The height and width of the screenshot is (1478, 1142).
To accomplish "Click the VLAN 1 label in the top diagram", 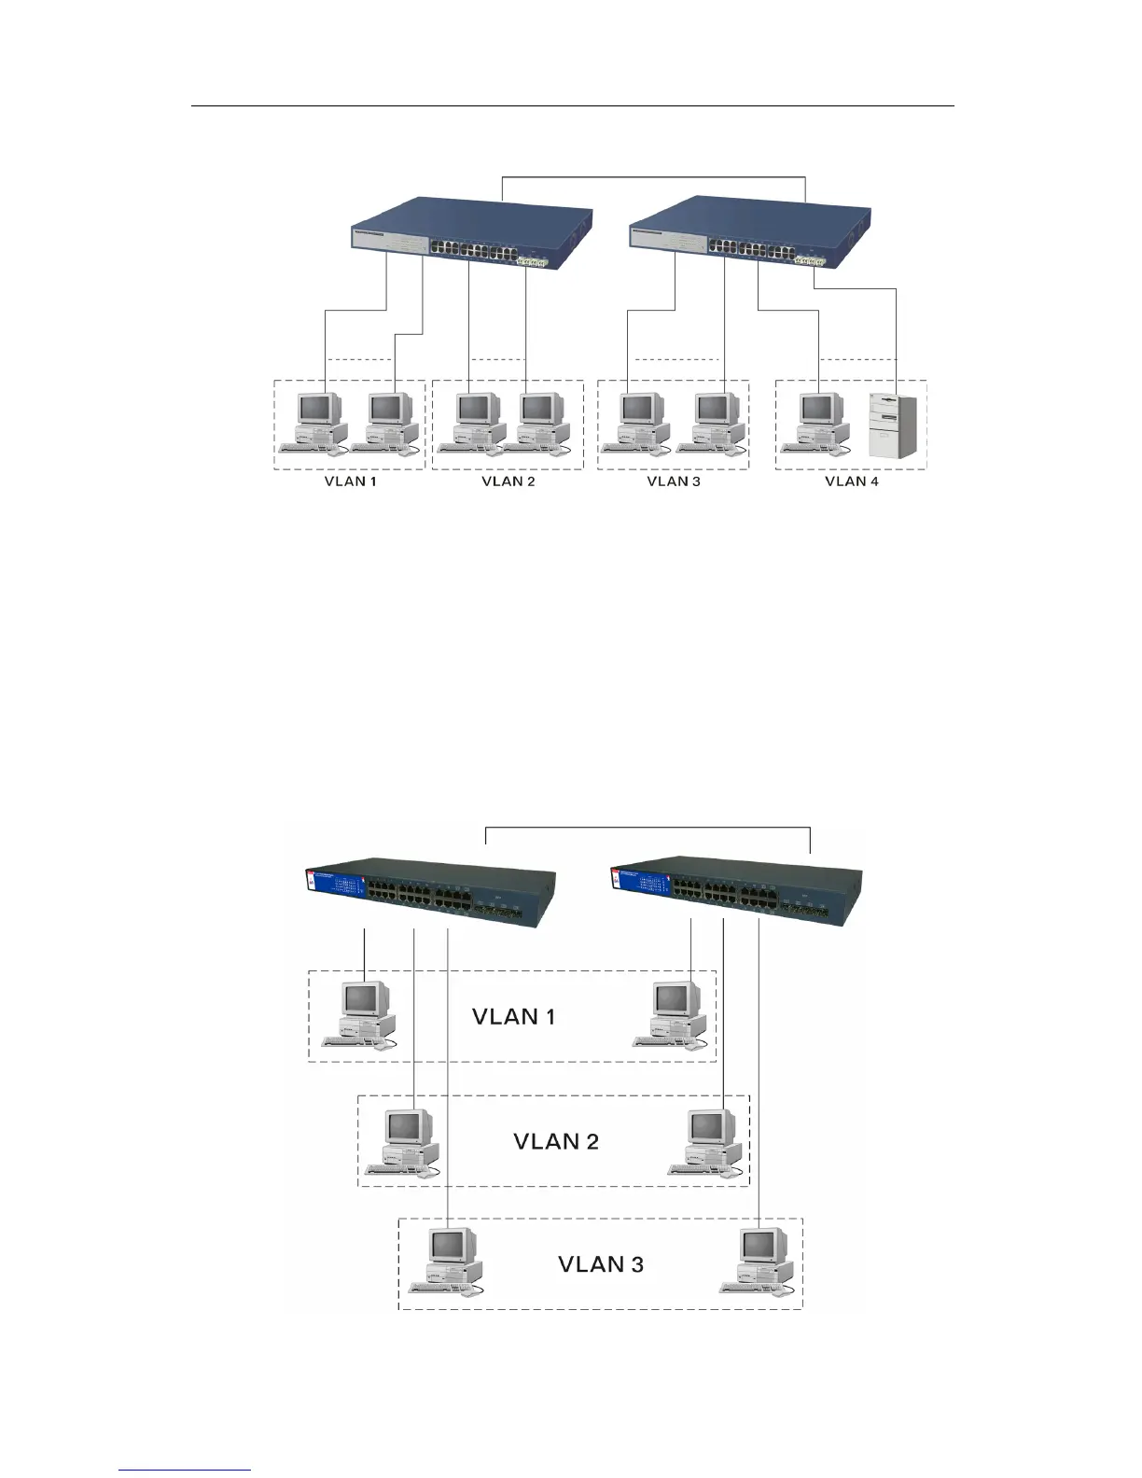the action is click(350, 481).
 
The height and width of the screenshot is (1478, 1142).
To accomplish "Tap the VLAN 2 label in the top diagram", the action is click(508, 481).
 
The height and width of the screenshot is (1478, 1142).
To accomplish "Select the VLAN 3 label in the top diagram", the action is click(673, 481).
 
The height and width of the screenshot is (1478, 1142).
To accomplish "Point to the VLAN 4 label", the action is click(851, 481).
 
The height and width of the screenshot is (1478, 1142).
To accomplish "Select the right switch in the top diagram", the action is click(750, 232).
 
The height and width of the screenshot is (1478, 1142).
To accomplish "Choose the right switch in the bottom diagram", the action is click(736, 894).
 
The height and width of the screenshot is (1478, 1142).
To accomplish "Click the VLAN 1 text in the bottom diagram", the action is click(514, 1016).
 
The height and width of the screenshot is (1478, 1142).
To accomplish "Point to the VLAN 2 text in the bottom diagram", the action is click(556, 1141).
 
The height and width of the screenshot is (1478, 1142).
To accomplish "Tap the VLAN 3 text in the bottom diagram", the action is click(601, 1264).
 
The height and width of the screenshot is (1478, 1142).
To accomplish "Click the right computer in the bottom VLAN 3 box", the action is click(758, 1261).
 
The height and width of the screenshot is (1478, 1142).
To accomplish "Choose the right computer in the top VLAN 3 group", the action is click(715, 422).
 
